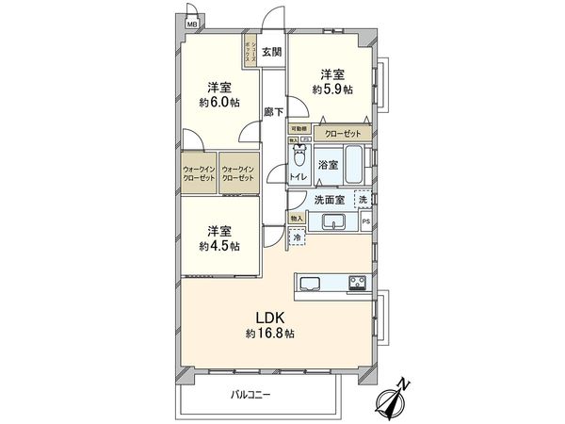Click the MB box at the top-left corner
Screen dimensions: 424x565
point(191,25)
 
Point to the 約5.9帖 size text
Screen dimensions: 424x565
point(333,90)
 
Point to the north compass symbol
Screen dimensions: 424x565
point(396,399)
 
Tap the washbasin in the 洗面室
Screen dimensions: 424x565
point(334,223)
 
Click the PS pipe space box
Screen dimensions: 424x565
point(366,222)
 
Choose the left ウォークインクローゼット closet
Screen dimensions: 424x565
point(198,173)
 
